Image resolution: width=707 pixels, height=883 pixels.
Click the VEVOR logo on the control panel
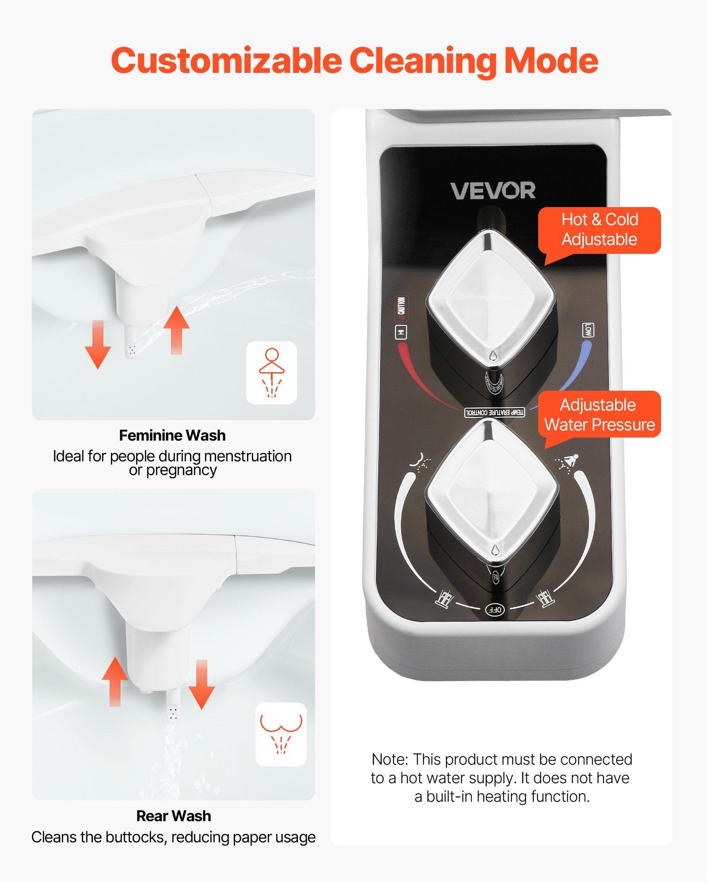coord(493,191)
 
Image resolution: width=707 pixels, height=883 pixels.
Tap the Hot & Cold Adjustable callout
coord(599,230)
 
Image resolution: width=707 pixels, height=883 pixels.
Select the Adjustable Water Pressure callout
coord(599,415)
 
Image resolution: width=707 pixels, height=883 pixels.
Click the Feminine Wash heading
coord(172,435)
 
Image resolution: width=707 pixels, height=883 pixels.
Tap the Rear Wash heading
coord(174,816)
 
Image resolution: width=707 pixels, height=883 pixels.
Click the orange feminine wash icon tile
coord(271,373)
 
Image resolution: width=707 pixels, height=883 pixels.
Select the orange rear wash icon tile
coord(281,734)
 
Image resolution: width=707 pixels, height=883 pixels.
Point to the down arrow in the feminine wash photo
coord(98,344)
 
